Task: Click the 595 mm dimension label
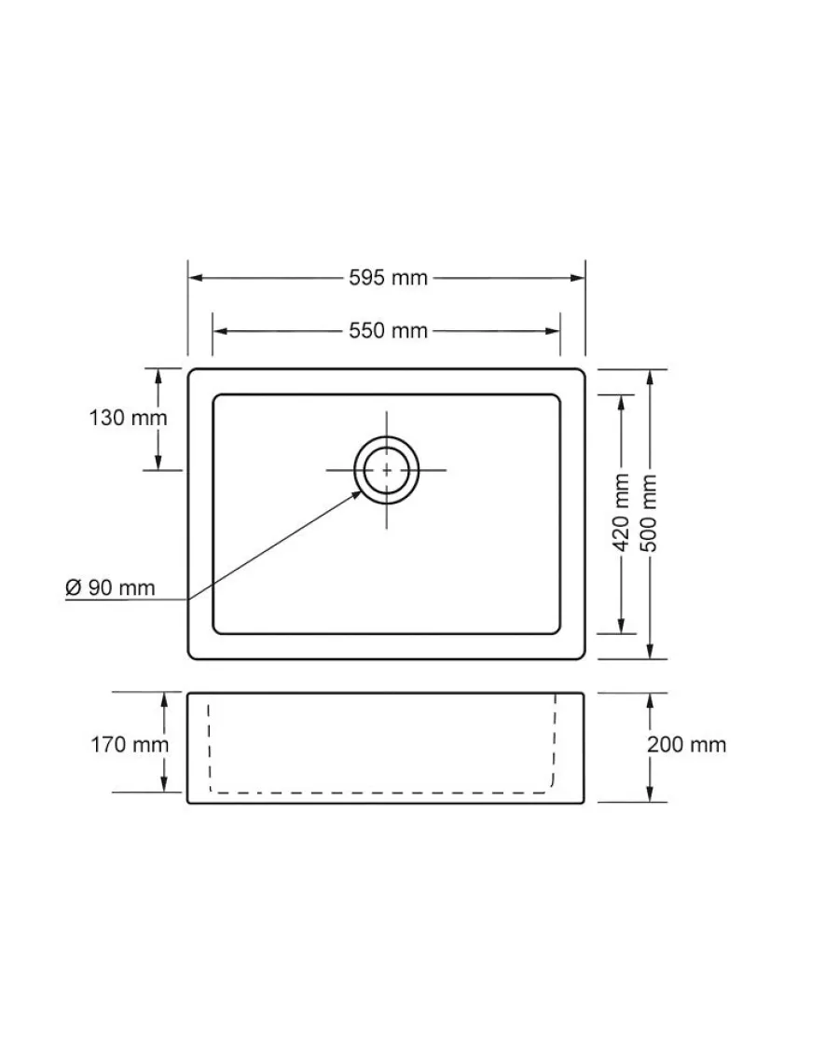[x=388, y=278]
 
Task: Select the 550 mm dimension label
[x=388, y=330]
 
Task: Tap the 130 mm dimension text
[x=128, y=418]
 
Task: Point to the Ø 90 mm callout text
[x=110, y=588]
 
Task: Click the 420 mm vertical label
[x=622, y=512]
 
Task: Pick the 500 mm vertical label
[x=649, y=513]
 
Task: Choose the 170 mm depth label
[x=130, y=745]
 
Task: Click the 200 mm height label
[x=686, y=745]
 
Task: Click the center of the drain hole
[x=387, y=470]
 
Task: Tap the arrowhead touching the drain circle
[x=354, y=496]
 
